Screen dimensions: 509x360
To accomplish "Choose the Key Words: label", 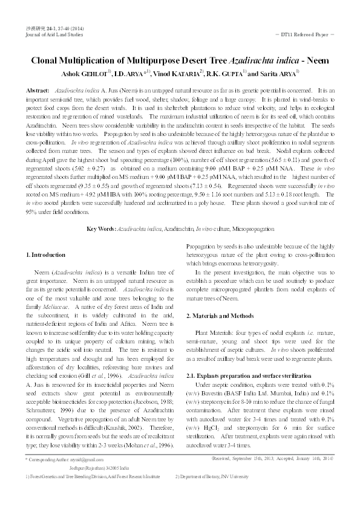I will point(101,229).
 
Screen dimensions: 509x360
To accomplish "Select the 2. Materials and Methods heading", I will point(219,316).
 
